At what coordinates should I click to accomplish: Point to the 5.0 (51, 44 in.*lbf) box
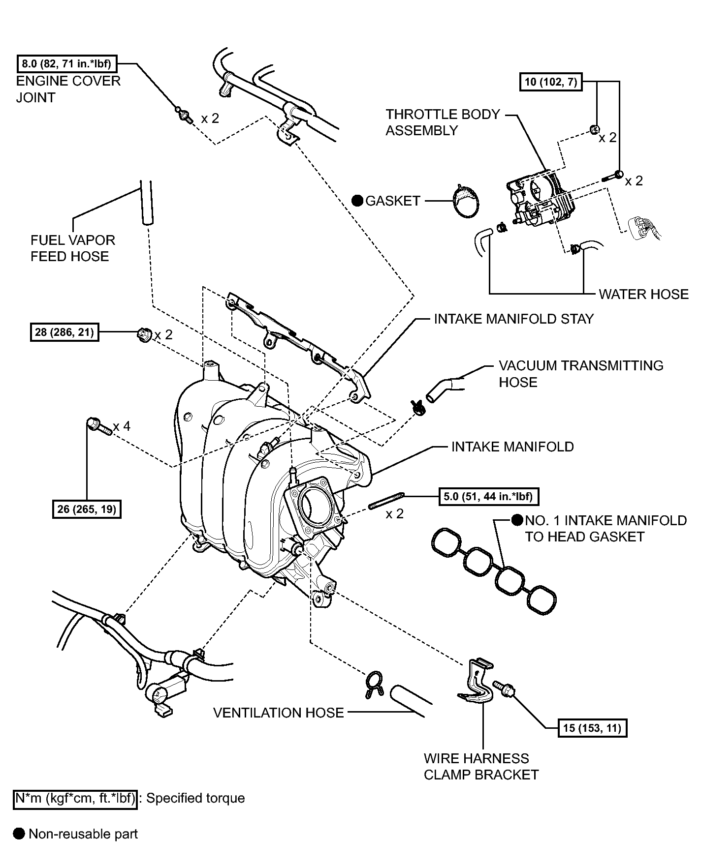(x=488, y=496)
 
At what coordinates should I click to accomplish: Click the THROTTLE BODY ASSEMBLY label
(x=443, y=122)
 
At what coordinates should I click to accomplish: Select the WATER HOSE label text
(x=643, y=294)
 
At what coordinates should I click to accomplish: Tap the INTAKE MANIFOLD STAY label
(x=513, y=319)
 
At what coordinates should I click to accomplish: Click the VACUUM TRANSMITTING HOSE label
(x=581, y=374)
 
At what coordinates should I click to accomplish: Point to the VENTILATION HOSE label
(x=278, y=713)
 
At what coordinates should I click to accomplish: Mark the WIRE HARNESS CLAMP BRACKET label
(x=481, y=766)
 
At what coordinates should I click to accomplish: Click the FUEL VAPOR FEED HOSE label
(x=72, y=248)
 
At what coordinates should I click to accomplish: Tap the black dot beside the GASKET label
(x=357, y=201)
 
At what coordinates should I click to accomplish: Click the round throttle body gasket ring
(x=466, y=201)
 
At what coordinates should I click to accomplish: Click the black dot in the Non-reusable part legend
(x=19, y=834)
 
